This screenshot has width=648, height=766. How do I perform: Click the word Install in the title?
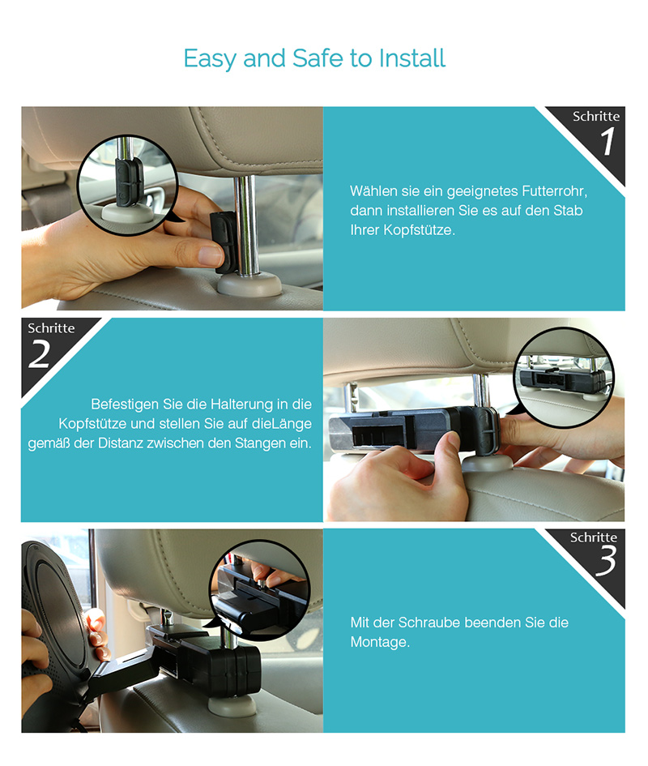coord(412,58)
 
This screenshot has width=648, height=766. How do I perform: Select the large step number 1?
coord(607,142)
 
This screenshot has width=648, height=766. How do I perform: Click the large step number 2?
coord(40,353)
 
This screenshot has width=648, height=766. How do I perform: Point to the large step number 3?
coord(606,560)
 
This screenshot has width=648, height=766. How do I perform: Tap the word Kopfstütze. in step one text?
coord(420,230)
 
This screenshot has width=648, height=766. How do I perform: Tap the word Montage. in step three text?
coord(380,643)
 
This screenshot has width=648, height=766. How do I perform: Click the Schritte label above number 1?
coord(595,116)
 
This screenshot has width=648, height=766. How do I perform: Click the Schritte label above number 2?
coord(51,327)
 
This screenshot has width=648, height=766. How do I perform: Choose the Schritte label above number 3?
coord(593,537)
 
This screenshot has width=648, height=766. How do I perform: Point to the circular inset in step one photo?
coord(127,185)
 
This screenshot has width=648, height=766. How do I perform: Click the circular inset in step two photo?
coord(564,377)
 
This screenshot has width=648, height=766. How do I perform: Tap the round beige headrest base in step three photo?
coord(232,705)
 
